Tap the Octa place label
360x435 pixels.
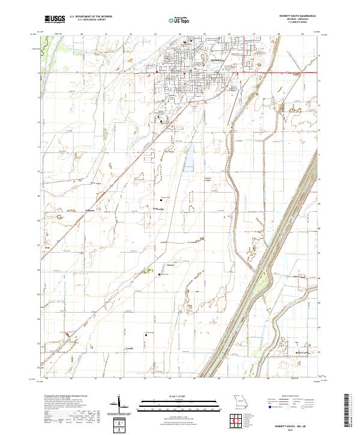tap(47, 247)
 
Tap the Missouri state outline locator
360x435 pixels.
tap(241, 400)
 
